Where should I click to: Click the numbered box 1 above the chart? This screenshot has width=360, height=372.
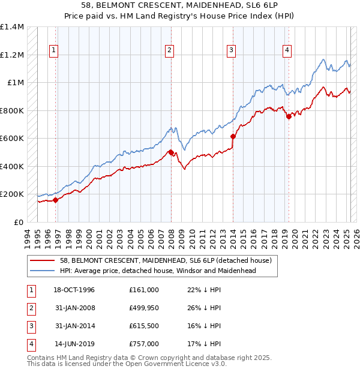[54, 51]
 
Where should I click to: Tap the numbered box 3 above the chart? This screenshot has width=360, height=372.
[231, 51]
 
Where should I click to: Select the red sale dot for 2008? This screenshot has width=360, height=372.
[171, 152]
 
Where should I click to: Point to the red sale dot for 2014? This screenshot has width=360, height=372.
[233, 136]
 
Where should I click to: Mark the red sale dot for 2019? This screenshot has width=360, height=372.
[289, 116]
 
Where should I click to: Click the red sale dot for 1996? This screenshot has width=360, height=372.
[56, 200]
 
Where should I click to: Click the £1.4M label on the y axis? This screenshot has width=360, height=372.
[12, 27]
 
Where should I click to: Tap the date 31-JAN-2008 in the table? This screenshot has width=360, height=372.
[75, 308]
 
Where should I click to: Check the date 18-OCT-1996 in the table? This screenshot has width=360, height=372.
[74, 290]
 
